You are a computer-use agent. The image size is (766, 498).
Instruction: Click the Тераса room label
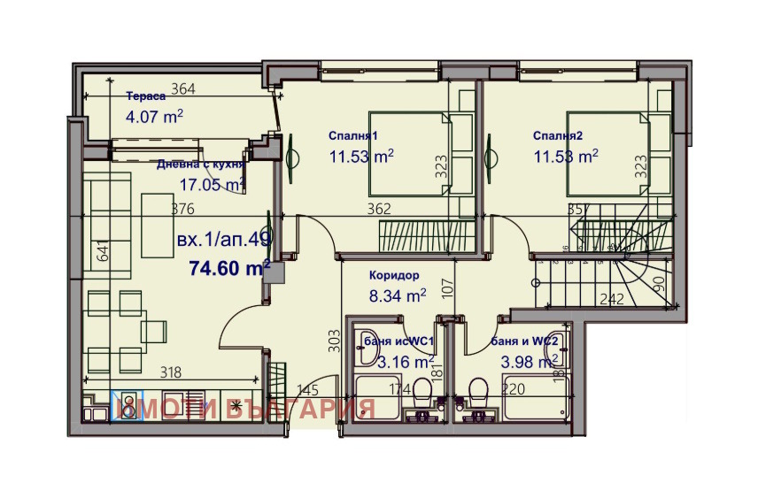click(146, 97)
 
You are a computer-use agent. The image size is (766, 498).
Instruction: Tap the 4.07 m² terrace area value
click(155, 115)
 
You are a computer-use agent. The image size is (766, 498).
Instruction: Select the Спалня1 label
click(353, 136)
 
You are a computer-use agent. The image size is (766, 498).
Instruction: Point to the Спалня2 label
click(558, 136)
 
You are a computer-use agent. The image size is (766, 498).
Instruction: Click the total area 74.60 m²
click(229, 268)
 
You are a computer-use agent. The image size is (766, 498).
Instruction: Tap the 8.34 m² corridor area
click(398, 296)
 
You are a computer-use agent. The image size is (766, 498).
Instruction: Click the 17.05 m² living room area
click(212, 185)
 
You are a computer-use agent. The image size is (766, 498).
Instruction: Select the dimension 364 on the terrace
click(183, 88)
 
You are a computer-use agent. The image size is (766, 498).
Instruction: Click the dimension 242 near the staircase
click(612, 299)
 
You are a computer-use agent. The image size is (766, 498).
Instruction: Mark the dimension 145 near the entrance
click(307, 389)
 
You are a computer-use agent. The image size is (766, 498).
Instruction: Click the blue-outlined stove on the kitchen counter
click(127, 406)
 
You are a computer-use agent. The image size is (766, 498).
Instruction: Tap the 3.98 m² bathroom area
click(529, 361)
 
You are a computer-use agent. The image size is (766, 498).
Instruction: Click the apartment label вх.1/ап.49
click(224, 239)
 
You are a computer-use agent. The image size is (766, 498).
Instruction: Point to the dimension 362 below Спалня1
click(380, 210)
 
